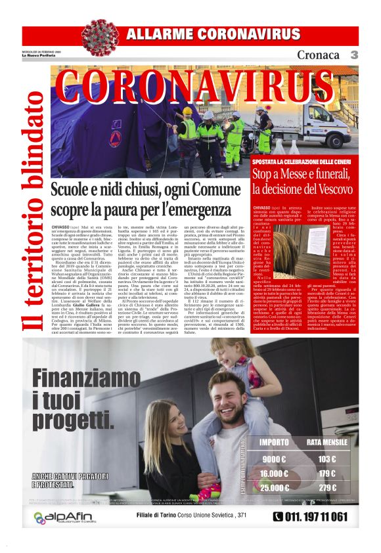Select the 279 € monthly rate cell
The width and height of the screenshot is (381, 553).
tap(326, 488)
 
